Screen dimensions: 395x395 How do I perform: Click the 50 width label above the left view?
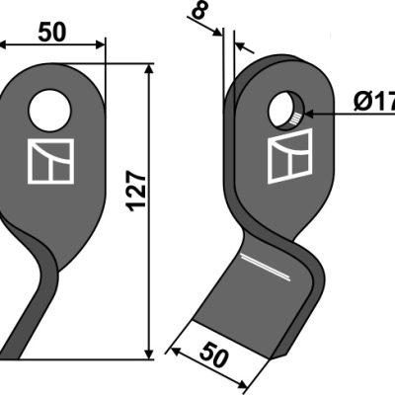[x=52, y=33]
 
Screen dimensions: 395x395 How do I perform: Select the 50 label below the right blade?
[x=214, y=355]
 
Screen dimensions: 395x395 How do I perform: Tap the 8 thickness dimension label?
[x=199, y=12]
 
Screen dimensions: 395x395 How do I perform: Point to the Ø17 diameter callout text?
[x=374, y=104]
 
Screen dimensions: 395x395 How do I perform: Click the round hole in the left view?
[x=49, y=111]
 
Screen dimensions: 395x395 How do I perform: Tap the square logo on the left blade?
[x=50, y=161]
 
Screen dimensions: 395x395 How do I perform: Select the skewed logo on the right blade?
[x=289, y=156]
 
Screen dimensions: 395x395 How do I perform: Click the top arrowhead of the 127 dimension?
[x=149, y=68]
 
